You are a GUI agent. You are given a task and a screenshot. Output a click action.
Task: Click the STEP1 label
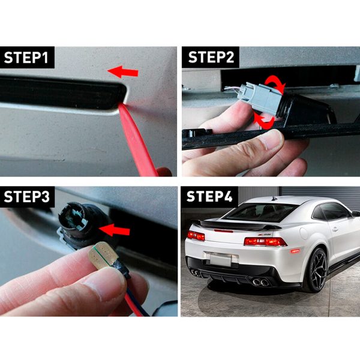(x=26, y=58)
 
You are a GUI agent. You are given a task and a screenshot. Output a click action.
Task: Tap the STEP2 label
(x=211, y=57)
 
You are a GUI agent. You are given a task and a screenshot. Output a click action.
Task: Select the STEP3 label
(x=26, y=197)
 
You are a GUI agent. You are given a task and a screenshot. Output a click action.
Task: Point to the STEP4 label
(x=209, y=197)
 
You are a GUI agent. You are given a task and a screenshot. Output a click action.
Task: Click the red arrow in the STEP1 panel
(x=123, y=72)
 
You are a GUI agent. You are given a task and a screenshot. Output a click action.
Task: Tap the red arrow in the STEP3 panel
(x=115, y=230)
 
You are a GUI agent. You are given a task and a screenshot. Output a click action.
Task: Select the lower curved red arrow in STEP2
(x=265, y=121)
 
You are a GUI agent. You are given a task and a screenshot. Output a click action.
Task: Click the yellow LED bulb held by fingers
(x=103, y=255)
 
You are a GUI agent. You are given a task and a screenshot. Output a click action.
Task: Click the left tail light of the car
(x=196, y=236)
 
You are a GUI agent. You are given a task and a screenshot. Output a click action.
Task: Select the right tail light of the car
(x=265, y=242)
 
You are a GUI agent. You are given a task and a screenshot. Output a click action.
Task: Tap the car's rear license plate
(x=220, y=260)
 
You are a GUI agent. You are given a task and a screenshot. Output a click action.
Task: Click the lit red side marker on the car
(x=295, y=251)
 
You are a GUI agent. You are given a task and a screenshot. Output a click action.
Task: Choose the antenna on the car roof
(x=275, y=199)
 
